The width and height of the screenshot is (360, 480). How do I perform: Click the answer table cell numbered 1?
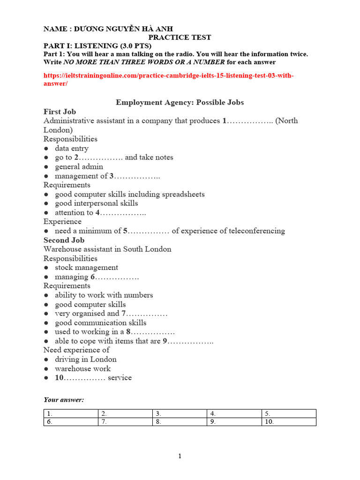click(71, 413)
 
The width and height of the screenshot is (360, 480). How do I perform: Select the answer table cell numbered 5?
click(289, 413)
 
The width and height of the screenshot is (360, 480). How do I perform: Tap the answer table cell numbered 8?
click(180, 421)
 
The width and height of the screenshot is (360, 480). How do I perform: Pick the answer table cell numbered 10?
click(289, 421)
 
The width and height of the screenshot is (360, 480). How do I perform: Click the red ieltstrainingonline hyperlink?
click(168, 79)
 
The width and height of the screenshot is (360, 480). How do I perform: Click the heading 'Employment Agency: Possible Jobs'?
click(180, 102)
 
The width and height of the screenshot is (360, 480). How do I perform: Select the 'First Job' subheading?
click(60, 112)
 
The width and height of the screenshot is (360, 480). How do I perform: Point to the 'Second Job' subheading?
click(64, 240)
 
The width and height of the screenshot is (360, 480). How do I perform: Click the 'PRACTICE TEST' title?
click(180, 37)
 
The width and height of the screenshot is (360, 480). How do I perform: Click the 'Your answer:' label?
click(64, 400)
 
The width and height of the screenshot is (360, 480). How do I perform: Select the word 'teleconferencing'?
click(257, 231)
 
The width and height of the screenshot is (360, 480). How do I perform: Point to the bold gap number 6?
click(93, 277)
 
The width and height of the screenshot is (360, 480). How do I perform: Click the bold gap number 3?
click(112, 176)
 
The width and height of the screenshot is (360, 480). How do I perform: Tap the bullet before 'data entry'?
click(46, 149)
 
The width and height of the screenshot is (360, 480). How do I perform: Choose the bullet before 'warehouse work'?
click(46, 369)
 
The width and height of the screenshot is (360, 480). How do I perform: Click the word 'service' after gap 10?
click(120, 377)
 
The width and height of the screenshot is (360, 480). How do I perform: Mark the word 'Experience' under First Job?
click(62, 221)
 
